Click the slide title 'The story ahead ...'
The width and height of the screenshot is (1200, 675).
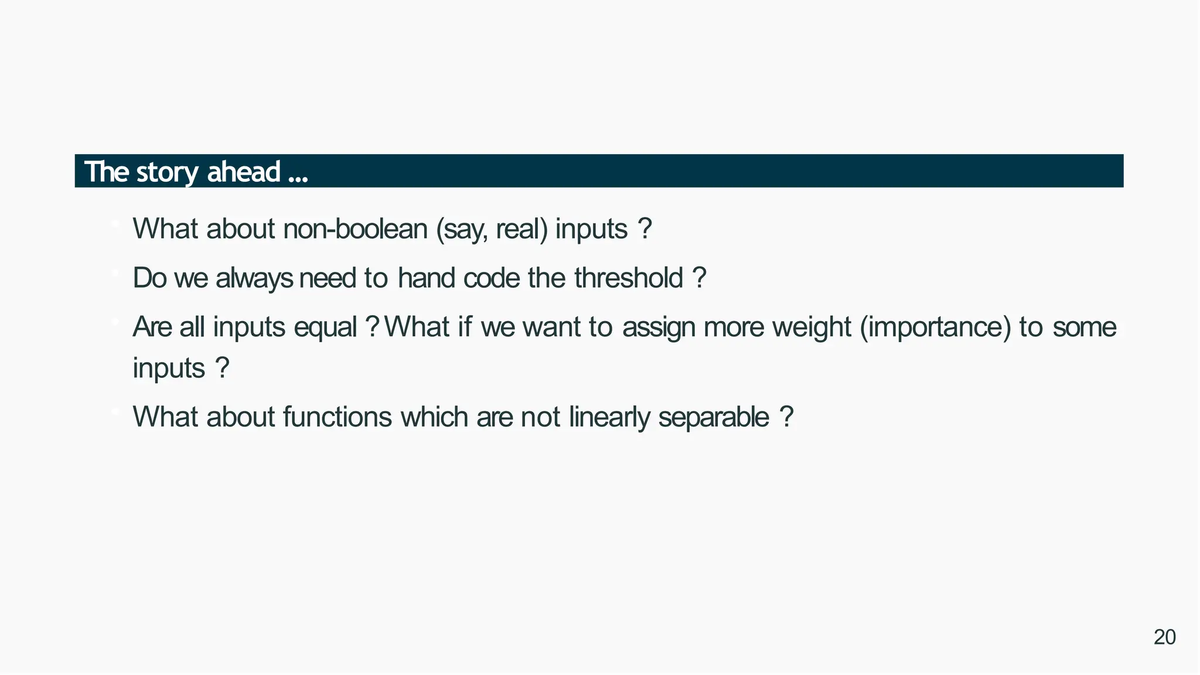196,172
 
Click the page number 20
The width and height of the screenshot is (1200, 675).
1164,637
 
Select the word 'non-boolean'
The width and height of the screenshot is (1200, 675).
355,229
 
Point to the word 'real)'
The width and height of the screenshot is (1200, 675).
521,229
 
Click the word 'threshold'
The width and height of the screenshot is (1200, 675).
628,278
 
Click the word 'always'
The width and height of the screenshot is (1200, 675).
254,278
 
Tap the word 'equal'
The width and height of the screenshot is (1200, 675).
325,327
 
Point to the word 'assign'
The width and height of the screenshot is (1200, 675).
659,327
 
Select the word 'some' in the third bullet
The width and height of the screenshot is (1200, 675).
1084,327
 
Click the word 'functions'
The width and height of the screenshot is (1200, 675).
337,417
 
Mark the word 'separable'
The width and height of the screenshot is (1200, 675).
713,417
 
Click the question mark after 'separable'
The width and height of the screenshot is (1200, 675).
787,417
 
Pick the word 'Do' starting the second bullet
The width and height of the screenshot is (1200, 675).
149,278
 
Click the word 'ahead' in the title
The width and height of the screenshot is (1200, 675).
243,172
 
